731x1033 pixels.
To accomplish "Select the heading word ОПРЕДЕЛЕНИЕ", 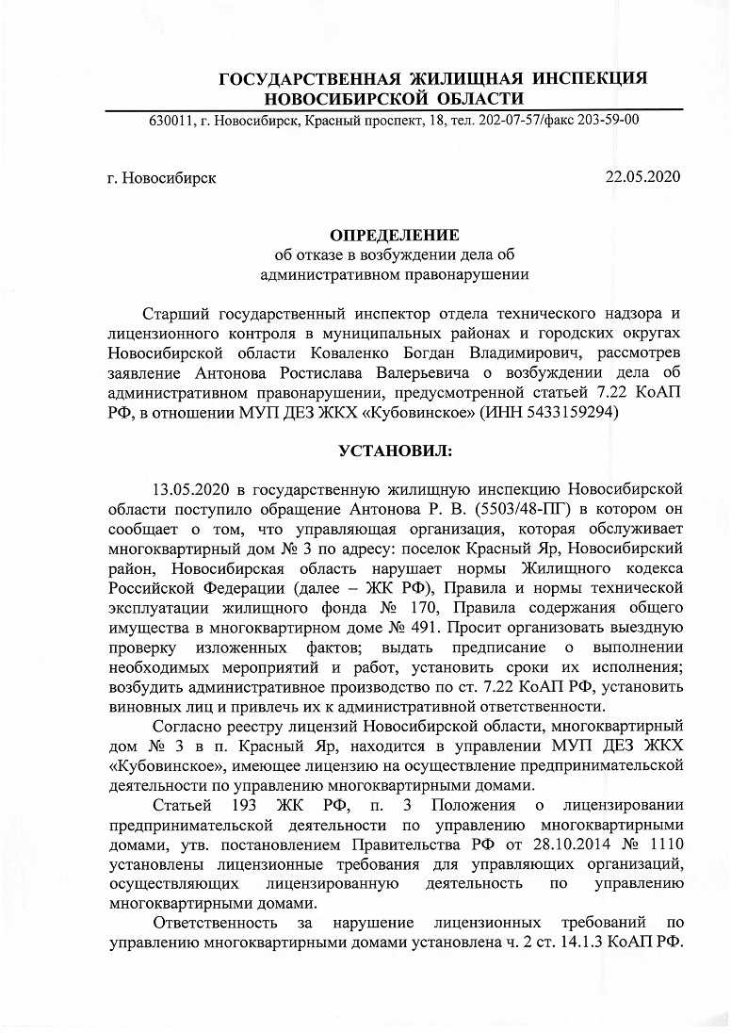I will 394,234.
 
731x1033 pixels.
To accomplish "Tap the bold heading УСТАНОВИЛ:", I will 395,451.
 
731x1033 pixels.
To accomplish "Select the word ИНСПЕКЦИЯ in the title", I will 590,79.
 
